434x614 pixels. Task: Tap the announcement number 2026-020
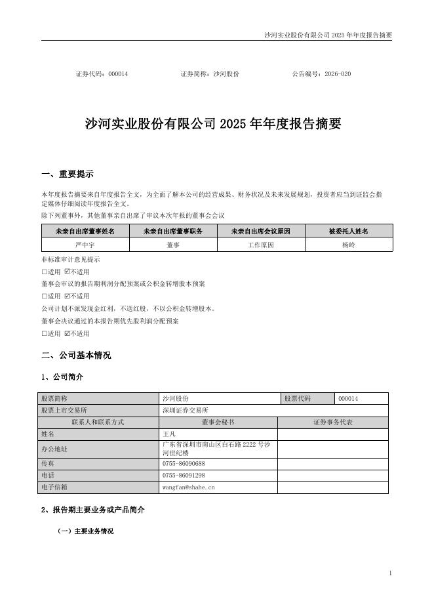coord(338,74)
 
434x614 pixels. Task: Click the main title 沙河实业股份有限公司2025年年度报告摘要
coord(214,124)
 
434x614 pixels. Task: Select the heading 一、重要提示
coord(68,174)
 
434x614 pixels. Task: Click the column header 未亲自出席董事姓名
coord(85,231)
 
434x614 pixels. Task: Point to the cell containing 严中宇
coord(85,245)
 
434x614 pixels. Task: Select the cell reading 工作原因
coord(261,245)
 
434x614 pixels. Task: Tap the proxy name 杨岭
coord(348,245)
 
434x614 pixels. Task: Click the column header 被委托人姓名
coord(348,231)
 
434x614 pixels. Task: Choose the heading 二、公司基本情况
coord(76,356)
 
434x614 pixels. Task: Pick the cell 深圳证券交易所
coord(185,410)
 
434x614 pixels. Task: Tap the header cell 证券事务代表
coord(332,422)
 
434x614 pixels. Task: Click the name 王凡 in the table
coord(169,434)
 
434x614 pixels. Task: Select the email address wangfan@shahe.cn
coord(188,487)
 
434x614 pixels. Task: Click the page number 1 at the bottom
coord(390,573)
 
